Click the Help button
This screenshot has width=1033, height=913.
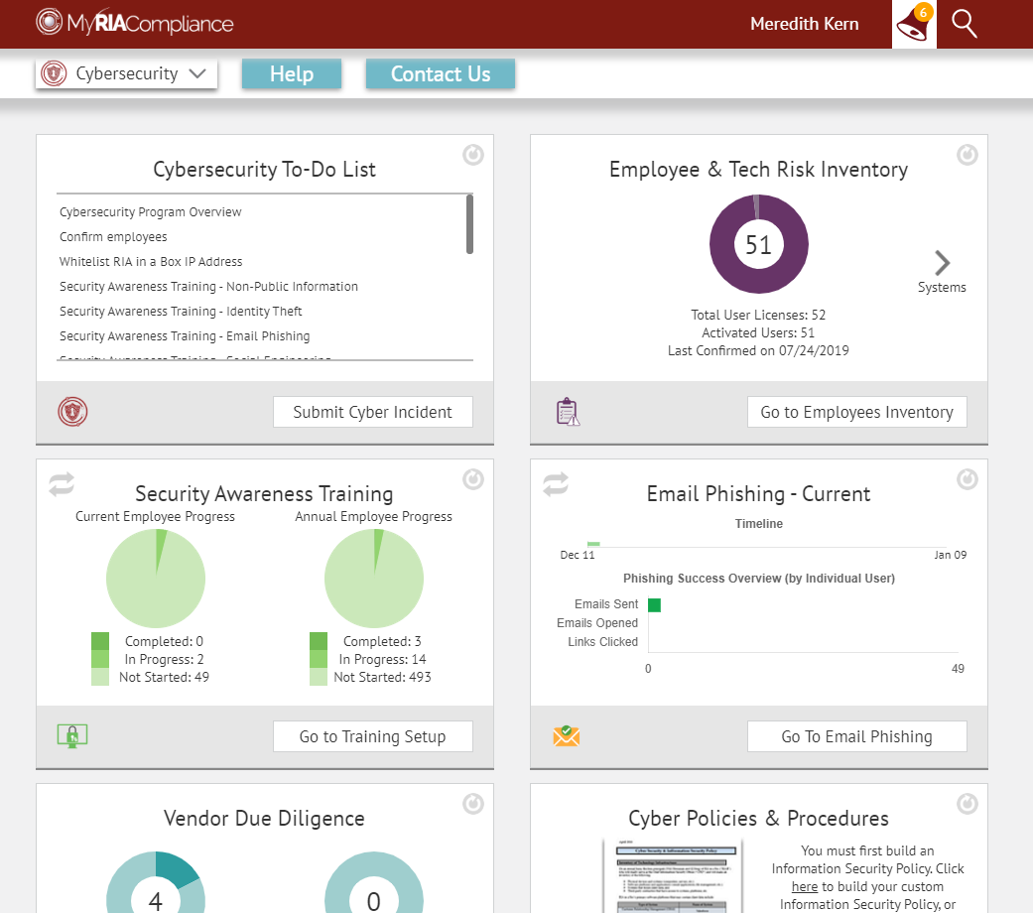coord(292,74)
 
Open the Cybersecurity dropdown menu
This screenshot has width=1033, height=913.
coord(126,73)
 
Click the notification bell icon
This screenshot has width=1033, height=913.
coord(913,25)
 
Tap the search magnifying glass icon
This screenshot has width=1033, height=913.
coord(965,24)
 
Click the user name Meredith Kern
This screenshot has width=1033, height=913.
coord(805,24)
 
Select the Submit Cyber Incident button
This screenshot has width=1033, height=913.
coord(372,412)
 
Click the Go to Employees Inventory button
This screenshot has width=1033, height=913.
coord(856,412)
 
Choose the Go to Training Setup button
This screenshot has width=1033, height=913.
coord(372,736)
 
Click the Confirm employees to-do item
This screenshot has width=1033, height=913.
coord(113,237)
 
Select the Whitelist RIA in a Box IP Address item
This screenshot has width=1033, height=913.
coord(151,262)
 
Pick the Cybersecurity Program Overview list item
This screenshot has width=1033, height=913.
coord(151,212)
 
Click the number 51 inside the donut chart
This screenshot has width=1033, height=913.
coord(758,244)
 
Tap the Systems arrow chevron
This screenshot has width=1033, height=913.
coord(943,263)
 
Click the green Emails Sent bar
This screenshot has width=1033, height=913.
coord(654,604)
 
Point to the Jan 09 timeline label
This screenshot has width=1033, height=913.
coord(950,555)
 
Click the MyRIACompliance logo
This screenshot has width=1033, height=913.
coord(135,23)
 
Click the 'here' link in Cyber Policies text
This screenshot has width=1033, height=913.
coord(805,886)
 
